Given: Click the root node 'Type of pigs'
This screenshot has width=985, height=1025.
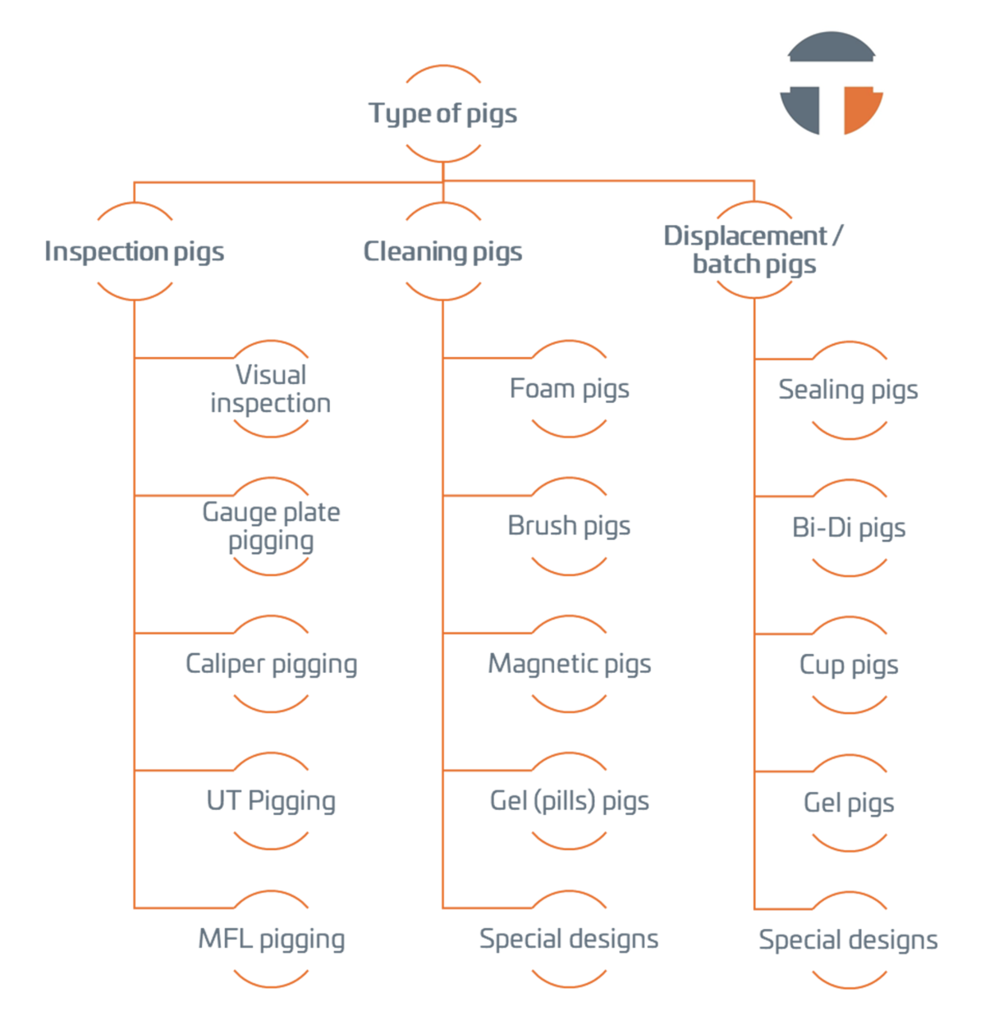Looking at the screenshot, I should (442, 113).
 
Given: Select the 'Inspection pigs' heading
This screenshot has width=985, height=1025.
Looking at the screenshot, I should (134, 251).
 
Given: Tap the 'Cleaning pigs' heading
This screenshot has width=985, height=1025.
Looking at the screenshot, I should (442, 251).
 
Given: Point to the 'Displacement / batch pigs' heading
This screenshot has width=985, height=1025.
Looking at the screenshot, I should (754, 249).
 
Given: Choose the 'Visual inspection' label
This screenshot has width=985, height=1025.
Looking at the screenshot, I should (271, 389).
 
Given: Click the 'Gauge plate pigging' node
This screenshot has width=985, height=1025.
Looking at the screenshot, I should (271, 526).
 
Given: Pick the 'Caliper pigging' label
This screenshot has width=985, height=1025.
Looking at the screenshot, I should (271, 663).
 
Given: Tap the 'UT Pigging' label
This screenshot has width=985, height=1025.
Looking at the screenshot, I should (271, 800).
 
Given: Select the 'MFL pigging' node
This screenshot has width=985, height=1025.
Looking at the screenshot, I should (271, 938).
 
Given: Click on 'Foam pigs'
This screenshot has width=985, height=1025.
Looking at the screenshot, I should (569, 388).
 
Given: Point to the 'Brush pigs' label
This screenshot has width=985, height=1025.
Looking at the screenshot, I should (569, 525).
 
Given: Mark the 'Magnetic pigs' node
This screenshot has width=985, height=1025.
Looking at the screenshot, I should (569, 663).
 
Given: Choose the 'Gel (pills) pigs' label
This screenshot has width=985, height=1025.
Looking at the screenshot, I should (569, 800).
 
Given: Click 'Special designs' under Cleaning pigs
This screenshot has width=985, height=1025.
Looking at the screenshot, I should (569, 938).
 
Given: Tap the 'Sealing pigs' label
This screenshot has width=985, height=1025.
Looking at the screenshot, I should (848, 389).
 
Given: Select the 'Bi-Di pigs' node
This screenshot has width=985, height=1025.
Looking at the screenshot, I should (849, 527).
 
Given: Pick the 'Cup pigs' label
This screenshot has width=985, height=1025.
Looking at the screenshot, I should (849, 664).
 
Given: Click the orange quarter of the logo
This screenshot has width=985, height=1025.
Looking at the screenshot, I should (859, 108).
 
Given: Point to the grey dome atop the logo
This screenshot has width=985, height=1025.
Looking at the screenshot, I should (831, 48).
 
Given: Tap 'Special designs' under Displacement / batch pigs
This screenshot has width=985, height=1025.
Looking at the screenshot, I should (848, 939).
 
